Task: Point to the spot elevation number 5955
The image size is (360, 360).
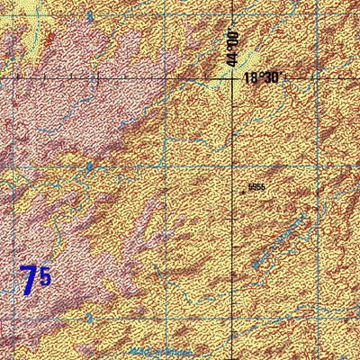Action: point(256,187)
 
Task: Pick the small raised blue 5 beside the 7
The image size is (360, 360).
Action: point(45,276)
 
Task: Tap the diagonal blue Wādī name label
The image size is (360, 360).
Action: point(280,241)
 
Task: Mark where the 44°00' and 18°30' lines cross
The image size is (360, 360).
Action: point(232,78)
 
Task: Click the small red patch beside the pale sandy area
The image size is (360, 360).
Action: point(49,38)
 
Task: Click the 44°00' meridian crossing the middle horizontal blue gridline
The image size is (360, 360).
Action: point(232,166)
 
